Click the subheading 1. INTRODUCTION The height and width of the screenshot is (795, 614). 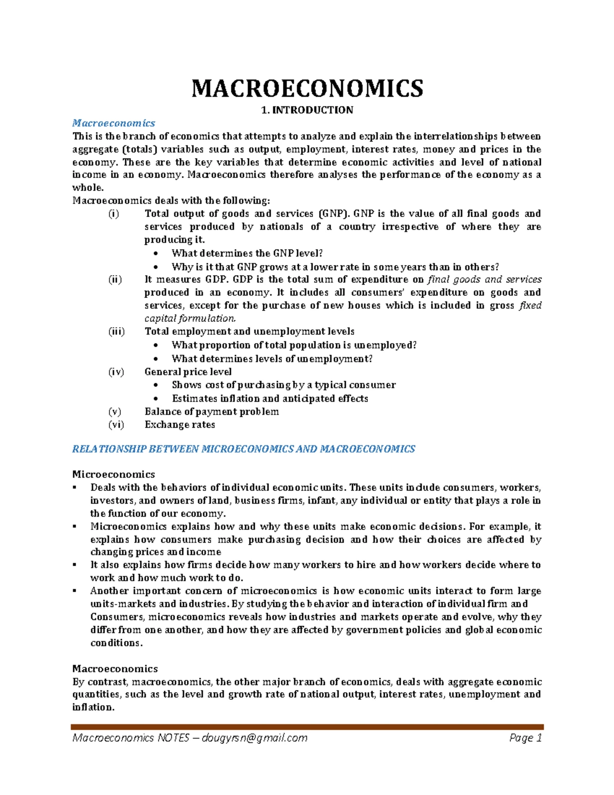pos(307,110)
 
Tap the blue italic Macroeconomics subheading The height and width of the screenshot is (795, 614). pos(114,123)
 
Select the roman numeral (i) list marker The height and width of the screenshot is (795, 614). pos(113,213)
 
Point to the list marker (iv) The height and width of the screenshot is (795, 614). pos(116,372)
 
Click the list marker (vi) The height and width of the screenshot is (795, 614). pos(116,424)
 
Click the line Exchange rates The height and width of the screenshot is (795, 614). pos(180,424)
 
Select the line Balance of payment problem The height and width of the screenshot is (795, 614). pos(211,412)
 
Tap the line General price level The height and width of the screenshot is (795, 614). pos(188,372)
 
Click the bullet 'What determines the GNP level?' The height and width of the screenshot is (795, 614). pos(247,253)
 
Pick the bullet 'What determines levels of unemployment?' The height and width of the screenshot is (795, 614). pos(272,359)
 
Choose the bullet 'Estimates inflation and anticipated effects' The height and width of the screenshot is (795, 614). pos(270,398)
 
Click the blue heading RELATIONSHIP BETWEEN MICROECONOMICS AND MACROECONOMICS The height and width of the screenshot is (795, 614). pos(244,449)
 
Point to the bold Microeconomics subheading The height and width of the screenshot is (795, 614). pos(114,474)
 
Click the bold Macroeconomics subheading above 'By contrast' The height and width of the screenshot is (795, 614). pos(115,669)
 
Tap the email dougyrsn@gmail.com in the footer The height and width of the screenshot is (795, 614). pos(254,738)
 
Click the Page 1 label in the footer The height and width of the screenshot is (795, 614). pos(525,738)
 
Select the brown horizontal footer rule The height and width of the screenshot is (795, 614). pos(307,726)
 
